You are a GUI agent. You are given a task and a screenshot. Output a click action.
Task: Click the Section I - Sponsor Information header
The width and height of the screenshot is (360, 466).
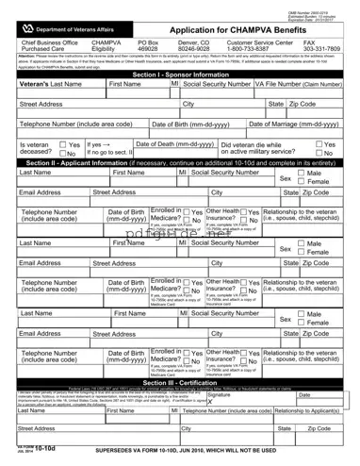point(180,73)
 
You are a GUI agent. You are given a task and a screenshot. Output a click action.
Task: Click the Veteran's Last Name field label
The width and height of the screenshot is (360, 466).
point(44,84)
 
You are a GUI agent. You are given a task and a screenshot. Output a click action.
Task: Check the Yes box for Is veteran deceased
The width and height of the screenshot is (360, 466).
point(64,145)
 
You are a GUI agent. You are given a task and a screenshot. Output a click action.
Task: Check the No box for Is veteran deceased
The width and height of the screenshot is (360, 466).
point(64,153)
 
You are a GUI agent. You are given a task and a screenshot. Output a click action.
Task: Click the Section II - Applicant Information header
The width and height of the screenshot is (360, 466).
point(180,163)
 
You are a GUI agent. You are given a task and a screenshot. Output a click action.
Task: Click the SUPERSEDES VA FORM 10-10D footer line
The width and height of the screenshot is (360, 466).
point(188,452)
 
